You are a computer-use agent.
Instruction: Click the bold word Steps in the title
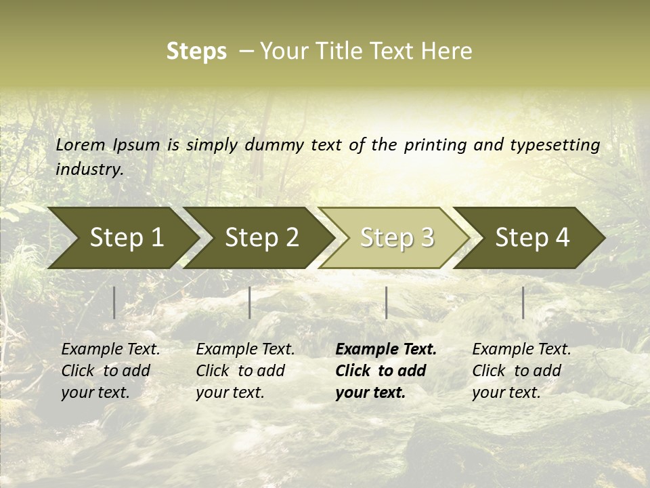click(196, 52)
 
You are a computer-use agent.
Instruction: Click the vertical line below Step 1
click(114, 302)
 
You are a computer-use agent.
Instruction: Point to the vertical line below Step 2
click(250, 302)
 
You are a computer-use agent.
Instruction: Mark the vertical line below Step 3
click(386, 302)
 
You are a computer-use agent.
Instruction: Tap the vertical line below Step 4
click(523, 302)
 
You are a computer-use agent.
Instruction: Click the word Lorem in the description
click(81, 145)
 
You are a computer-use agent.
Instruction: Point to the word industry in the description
click(89, 169)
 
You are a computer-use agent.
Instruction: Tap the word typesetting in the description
click(555, 145)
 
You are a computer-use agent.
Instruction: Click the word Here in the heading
click(447, 52)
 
